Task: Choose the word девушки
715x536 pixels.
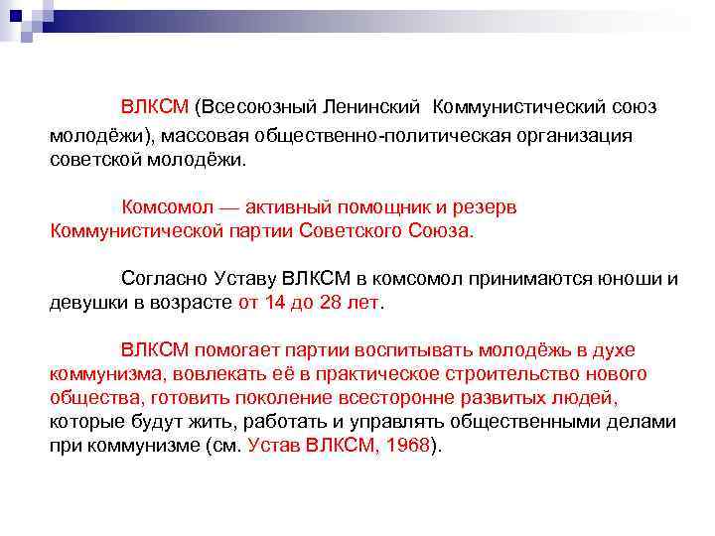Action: [87, 303]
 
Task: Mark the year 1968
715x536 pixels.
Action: [404, 446]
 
